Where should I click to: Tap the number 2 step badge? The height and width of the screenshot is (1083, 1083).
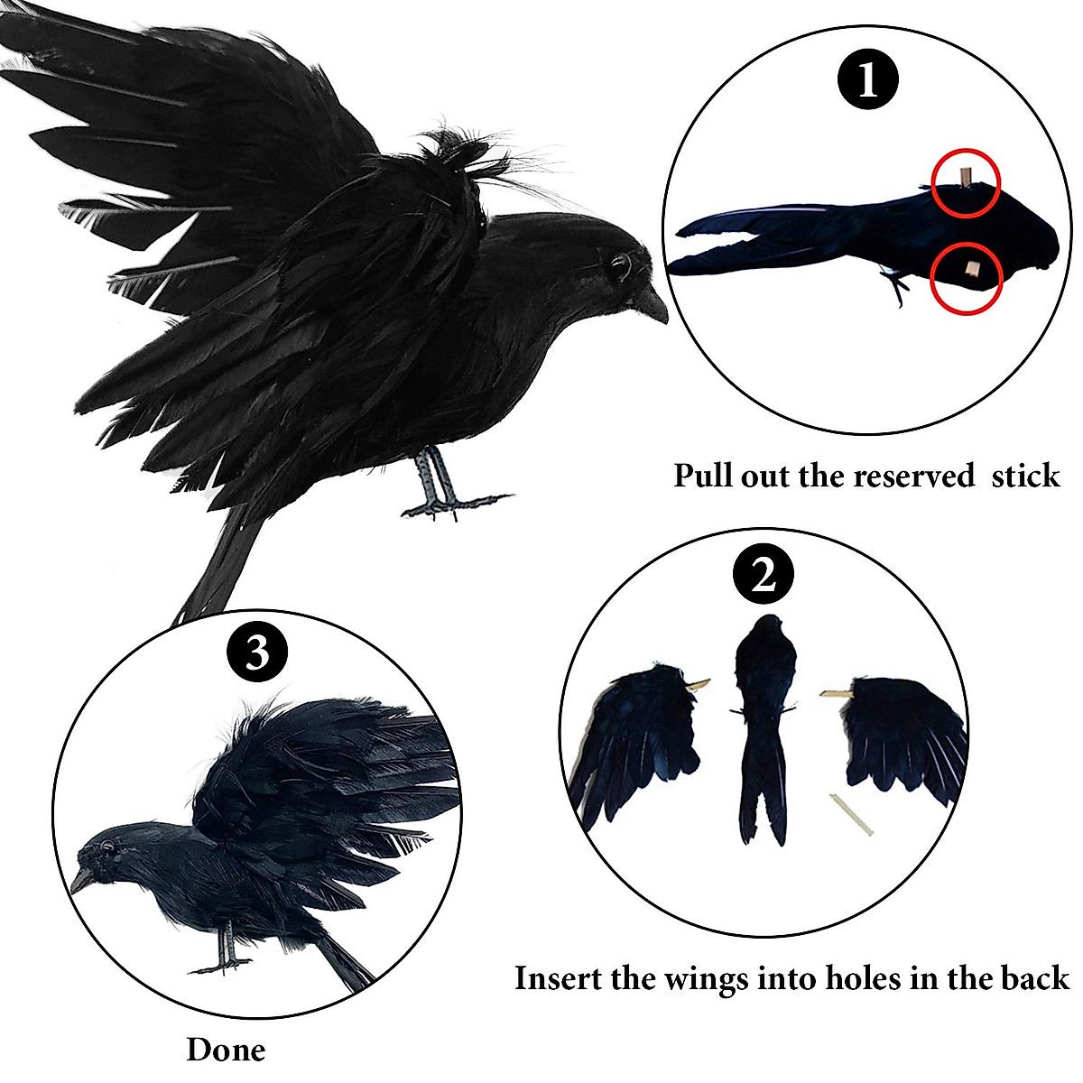[764, 575]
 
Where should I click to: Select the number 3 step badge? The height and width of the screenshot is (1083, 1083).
[257, 653]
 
